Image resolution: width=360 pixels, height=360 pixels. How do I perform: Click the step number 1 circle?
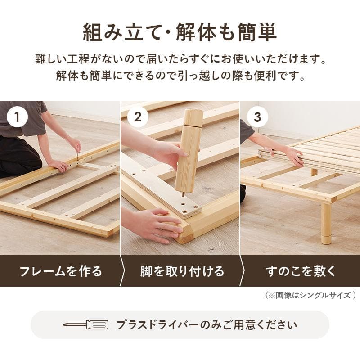click(x=18, y=117)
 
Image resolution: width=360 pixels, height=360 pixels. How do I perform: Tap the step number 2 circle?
click(x=138, y=117)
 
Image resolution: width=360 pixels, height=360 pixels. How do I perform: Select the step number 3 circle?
click(x=257, y=117)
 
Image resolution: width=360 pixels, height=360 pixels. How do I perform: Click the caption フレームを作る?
click(x=60, y=271)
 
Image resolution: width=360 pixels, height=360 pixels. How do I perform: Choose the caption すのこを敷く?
click(x=301, y=271)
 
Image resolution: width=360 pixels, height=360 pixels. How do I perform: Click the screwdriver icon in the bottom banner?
click(x=85, y=325)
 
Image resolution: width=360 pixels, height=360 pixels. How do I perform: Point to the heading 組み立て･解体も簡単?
click(x=180, y=32)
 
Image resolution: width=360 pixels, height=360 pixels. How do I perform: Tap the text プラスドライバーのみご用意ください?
click(x=207, y=325)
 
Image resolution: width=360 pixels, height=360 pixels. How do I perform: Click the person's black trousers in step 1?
click(x=18, y=155)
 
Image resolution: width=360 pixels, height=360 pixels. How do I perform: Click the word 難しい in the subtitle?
click(x=51, y=59)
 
